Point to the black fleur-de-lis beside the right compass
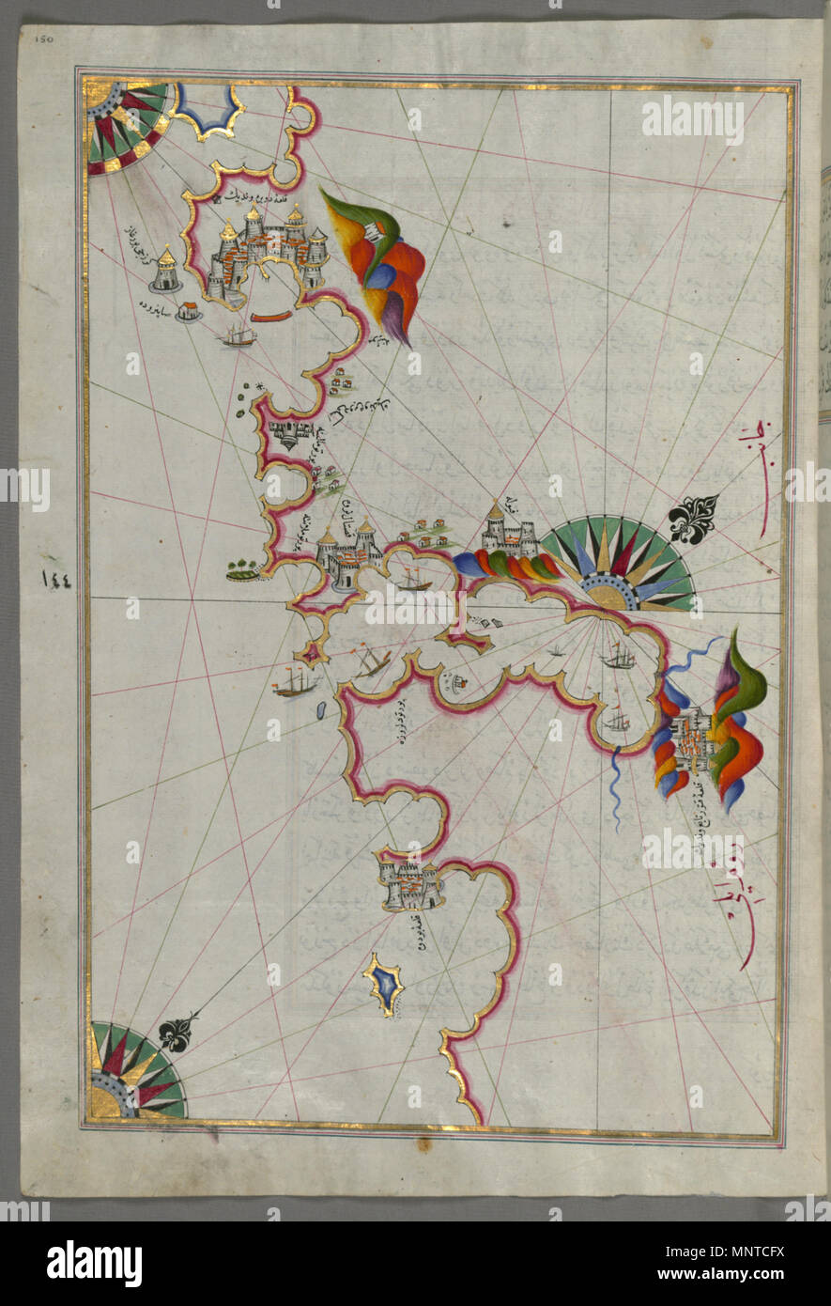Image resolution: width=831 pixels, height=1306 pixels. (x=693, y=519)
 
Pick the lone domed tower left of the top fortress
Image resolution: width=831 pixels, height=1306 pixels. (x=167, y=270)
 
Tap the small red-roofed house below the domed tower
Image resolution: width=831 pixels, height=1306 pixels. (x=188, y=311)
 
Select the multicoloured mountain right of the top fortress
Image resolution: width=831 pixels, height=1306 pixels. (x=376, y=258)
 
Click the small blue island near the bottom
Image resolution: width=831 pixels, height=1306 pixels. (x=385, y=983)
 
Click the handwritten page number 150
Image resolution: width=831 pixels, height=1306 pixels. (x=44, y=39)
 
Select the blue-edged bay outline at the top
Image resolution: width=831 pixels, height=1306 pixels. (x=208, y=111)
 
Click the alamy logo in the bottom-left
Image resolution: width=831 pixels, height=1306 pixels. (x=94, y=1264)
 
